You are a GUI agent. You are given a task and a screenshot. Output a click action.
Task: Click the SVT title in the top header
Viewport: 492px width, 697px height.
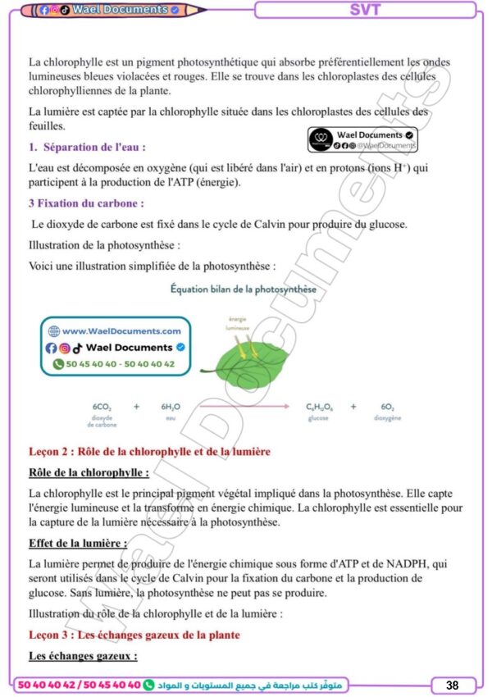point(365,10)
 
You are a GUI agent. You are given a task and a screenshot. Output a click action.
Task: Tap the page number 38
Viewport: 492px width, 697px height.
point(452,685)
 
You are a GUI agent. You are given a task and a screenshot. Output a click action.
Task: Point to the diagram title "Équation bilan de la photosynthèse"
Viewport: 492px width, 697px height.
point(243,289)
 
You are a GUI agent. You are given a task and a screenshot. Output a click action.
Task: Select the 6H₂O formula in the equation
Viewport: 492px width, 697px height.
point(171,407)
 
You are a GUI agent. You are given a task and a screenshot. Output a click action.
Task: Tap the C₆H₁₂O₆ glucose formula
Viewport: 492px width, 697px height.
point(318,407)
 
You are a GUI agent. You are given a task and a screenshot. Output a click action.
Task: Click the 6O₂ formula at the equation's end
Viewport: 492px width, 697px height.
point(388,407)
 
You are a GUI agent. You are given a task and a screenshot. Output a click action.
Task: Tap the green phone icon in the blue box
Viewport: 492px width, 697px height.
point(58,363)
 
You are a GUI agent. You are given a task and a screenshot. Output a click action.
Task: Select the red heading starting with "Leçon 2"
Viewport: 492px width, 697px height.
point(149,452)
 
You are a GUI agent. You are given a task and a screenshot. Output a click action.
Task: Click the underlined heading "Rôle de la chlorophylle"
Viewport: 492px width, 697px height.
point(89,472)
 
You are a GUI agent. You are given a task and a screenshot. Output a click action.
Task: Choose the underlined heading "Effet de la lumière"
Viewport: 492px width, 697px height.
point(78,543)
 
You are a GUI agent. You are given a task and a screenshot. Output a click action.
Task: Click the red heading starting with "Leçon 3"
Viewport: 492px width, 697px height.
point(134,635)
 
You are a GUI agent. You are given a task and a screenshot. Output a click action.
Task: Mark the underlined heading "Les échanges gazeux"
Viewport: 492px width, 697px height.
point(83,656)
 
